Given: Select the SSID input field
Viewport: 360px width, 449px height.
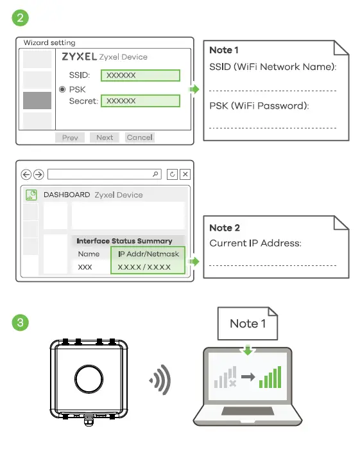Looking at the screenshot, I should pos(140,75).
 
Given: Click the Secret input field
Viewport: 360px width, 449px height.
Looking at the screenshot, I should pos(140,101).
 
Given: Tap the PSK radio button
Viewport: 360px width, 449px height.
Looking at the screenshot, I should pos(62,89).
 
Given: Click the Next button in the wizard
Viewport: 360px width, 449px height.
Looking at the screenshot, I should pos(105,137).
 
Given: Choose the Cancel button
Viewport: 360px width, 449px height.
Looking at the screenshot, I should pos(139,137).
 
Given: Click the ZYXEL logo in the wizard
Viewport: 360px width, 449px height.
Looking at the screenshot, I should pos(79,57).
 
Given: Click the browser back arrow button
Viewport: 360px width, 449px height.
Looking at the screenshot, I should pos(26,174).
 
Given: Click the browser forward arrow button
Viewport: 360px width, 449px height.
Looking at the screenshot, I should pos(39,174).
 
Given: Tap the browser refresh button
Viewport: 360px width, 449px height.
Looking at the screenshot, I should pos(172,174).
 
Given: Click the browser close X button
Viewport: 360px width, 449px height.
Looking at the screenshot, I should pos(185,174).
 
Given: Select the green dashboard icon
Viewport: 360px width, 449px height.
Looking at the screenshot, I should pos(31,195).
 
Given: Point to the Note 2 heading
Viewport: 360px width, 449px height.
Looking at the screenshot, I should pos(225,228).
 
